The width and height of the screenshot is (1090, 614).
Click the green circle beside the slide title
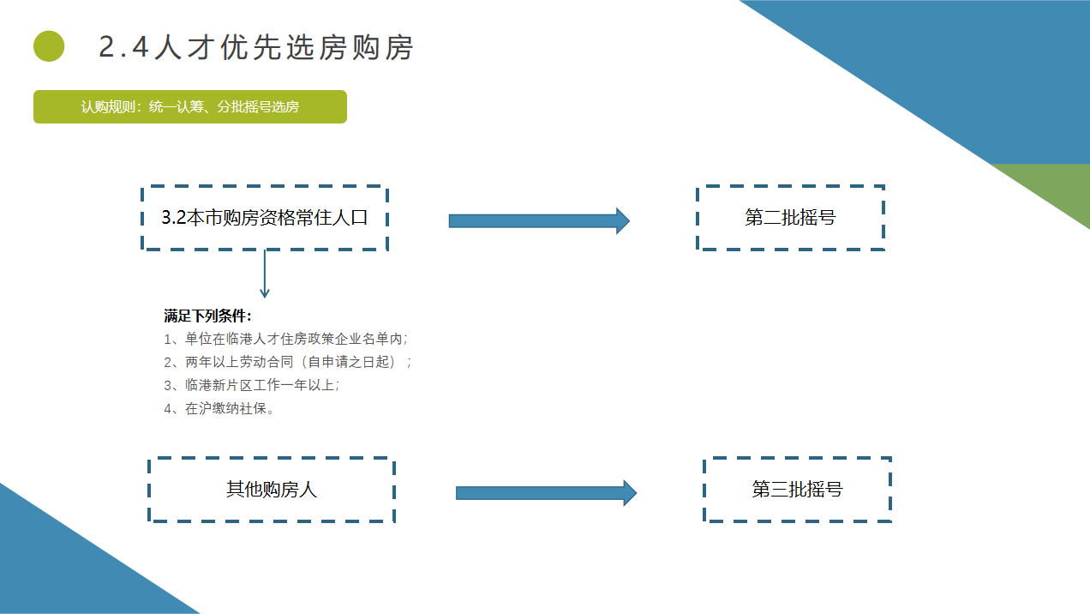pyautogui.click(x=49, y=46)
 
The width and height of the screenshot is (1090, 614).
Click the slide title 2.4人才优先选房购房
pyautogui.click(x=256, y=47)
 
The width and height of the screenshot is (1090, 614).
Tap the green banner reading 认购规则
pyautogui.click(x=189, y=106)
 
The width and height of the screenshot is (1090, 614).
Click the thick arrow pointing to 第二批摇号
pyautogui.click(x=539, y=221)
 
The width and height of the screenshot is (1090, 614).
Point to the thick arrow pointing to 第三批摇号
pyautogui.click(x=546, y=493)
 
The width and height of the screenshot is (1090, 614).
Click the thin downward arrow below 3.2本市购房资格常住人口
pyautogui.click(x=265, y=274)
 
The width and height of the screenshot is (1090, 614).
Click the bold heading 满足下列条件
pyautogui.click(x=207, y=316)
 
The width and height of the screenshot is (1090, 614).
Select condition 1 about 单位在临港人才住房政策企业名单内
pyautogui.click(x=286, y=339)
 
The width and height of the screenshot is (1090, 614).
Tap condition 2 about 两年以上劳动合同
pyautogui.click(x=288, y=362)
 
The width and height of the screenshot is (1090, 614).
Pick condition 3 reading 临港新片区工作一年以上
pyautogui.click(x=252, y=385)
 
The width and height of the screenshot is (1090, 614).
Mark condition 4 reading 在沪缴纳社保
pyautogui.click(x=219, y=408)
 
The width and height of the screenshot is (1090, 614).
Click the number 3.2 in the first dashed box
pyautogui.click(x=174, y=218)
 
